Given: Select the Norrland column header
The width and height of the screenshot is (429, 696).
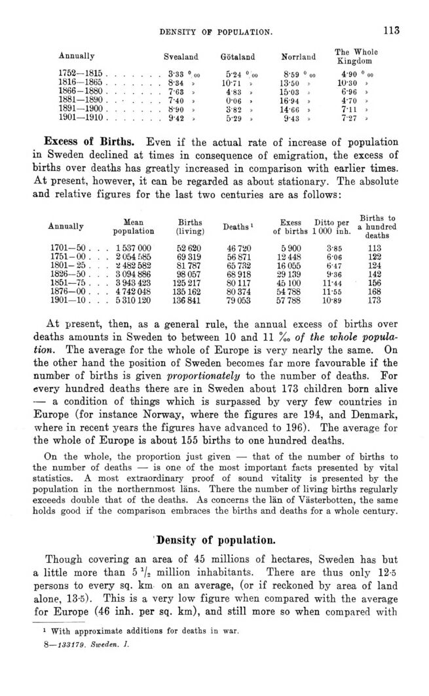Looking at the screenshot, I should [298, 57].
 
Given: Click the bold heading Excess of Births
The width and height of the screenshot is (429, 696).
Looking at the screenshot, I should [89, 142].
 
